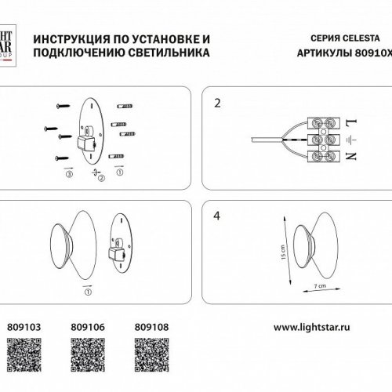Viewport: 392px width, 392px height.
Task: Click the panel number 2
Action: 218,102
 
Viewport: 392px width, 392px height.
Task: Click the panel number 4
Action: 218,212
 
